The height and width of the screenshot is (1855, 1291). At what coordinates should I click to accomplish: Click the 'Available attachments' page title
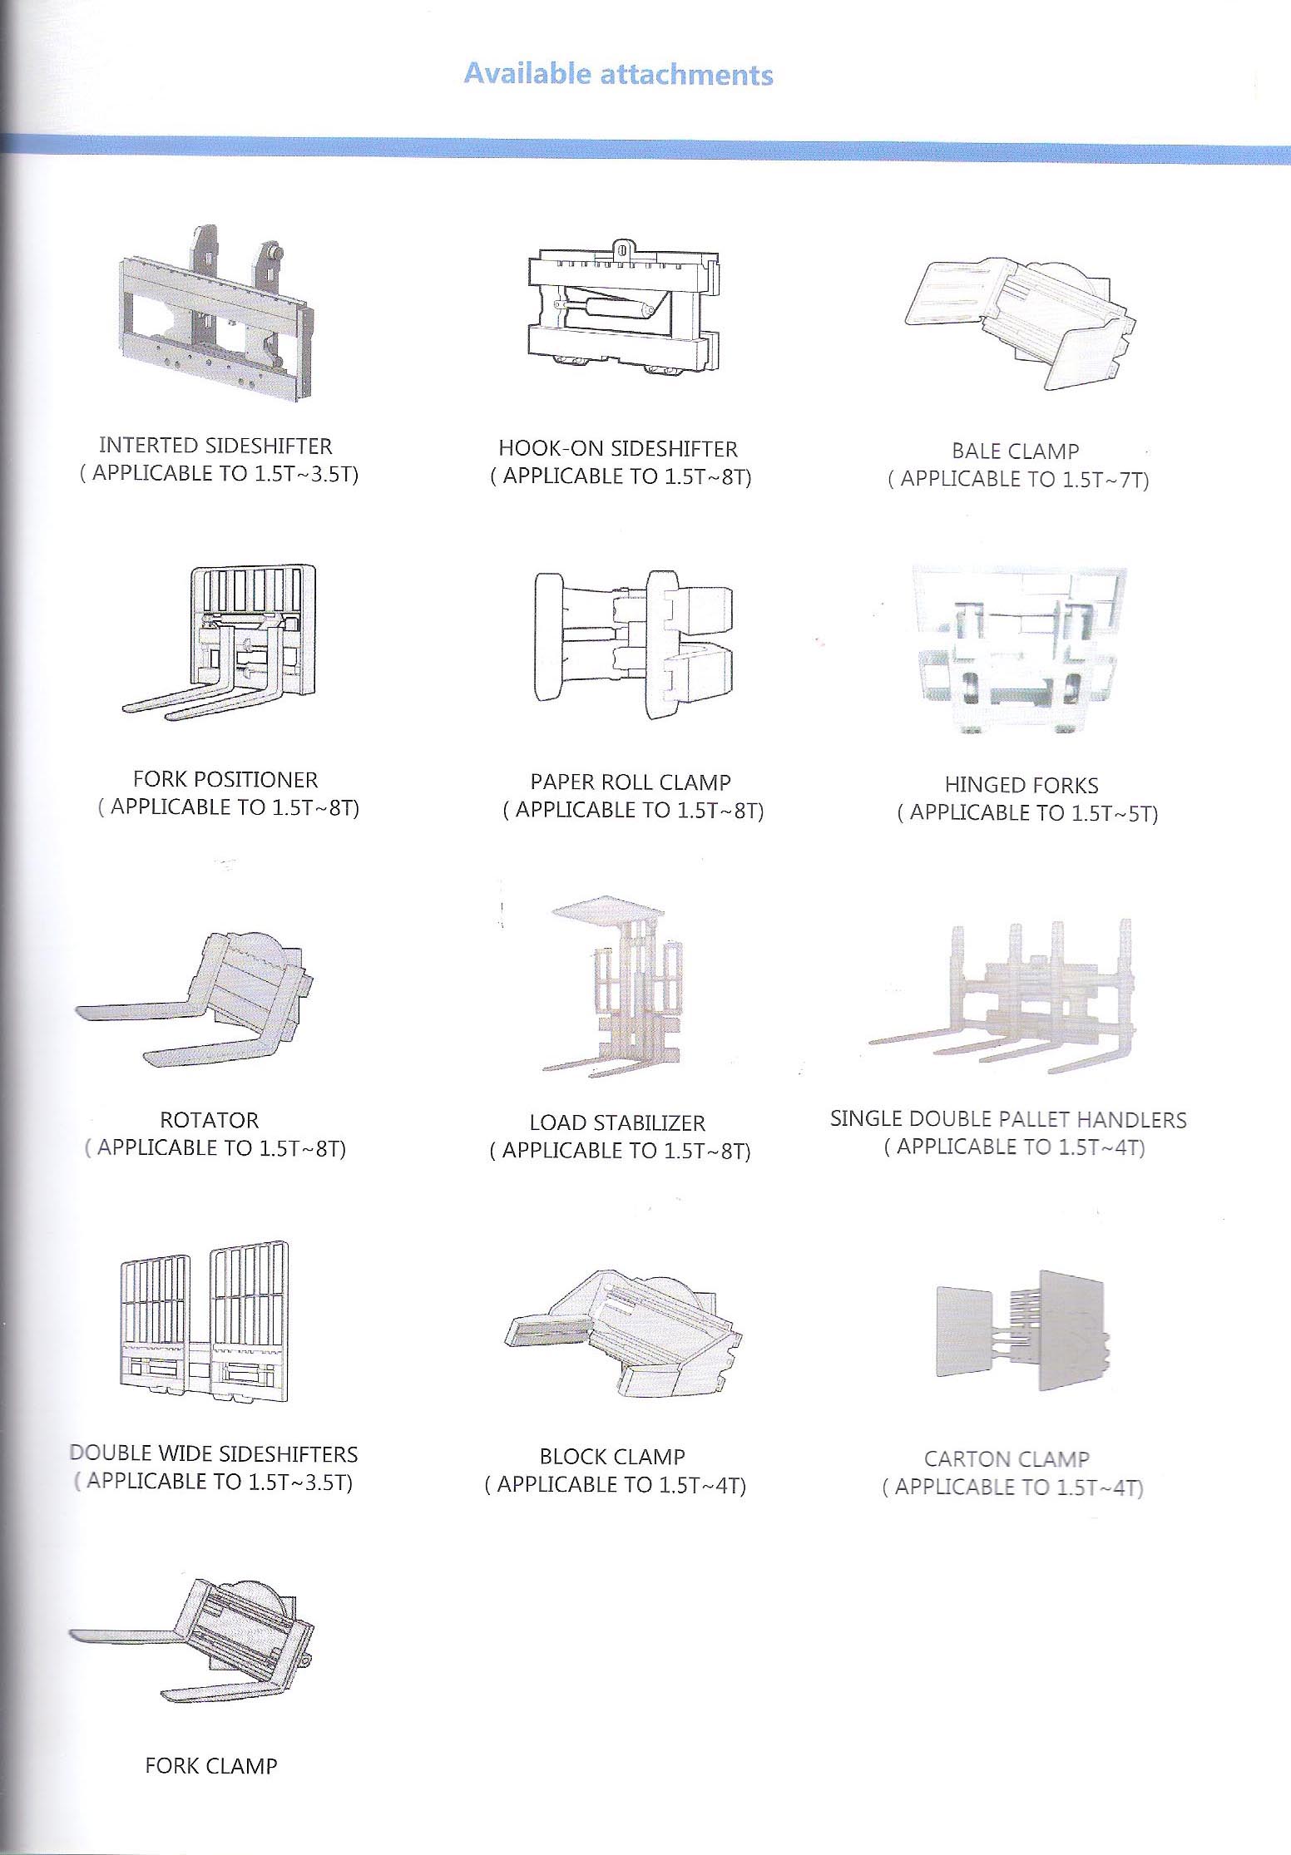pos(618,75)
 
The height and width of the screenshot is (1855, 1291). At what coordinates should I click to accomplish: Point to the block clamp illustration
pos(621,1330)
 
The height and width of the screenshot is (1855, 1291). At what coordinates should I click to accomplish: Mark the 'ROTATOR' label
pos(209,1120)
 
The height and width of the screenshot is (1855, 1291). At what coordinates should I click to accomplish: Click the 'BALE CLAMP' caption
pos(1015,451)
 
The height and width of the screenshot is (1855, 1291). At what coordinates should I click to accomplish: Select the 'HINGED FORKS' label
pos(1021,786)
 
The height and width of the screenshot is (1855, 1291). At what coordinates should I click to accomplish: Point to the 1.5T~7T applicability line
pos(1019,479)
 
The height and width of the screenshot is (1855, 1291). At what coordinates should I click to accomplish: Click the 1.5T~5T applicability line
pos(1027,813)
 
